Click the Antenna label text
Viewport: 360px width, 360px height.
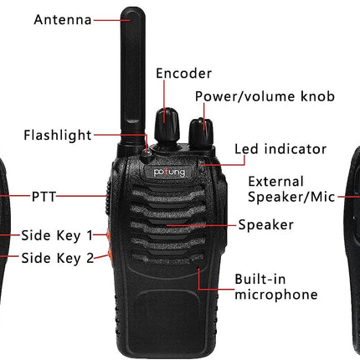coord(63,20)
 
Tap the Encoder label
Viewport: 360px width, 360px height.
coord(183,74)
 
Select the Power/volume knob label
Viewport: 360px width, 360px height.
coord(265,96)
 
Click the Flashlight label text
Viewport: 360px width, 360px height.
coord(58,136)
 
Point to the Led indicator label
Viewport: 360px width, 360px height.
coord(280,149)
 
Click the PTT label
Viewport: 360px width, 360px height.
coord(44,197)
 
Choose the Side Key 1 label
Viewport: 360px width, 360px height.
coord(57,235)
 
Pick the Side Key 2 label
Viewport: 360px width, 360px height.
coord(58,258)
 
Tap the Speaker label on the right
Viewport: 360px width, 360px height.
coord(265,224)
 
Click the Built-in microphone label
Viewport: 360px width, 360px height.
coord(276,287)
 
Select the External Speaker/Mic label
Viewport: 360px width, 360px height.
coord(291,189)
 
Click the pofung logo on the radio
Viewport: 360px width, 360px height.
coord(169,172)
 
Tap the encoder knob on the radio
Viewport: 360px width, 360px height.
coord(167,125)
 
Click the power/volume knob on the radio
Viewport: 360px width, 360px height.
coord(201,132)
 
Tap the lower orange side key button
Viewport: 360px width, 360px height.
coord(110,255)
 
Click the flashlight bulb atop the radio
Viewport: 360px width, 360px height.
coord(146,154)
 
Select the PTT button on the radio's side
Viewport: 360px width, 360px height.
coord(108,198)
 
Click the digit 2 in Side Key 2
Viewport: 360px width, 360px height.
coord(90,258)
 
